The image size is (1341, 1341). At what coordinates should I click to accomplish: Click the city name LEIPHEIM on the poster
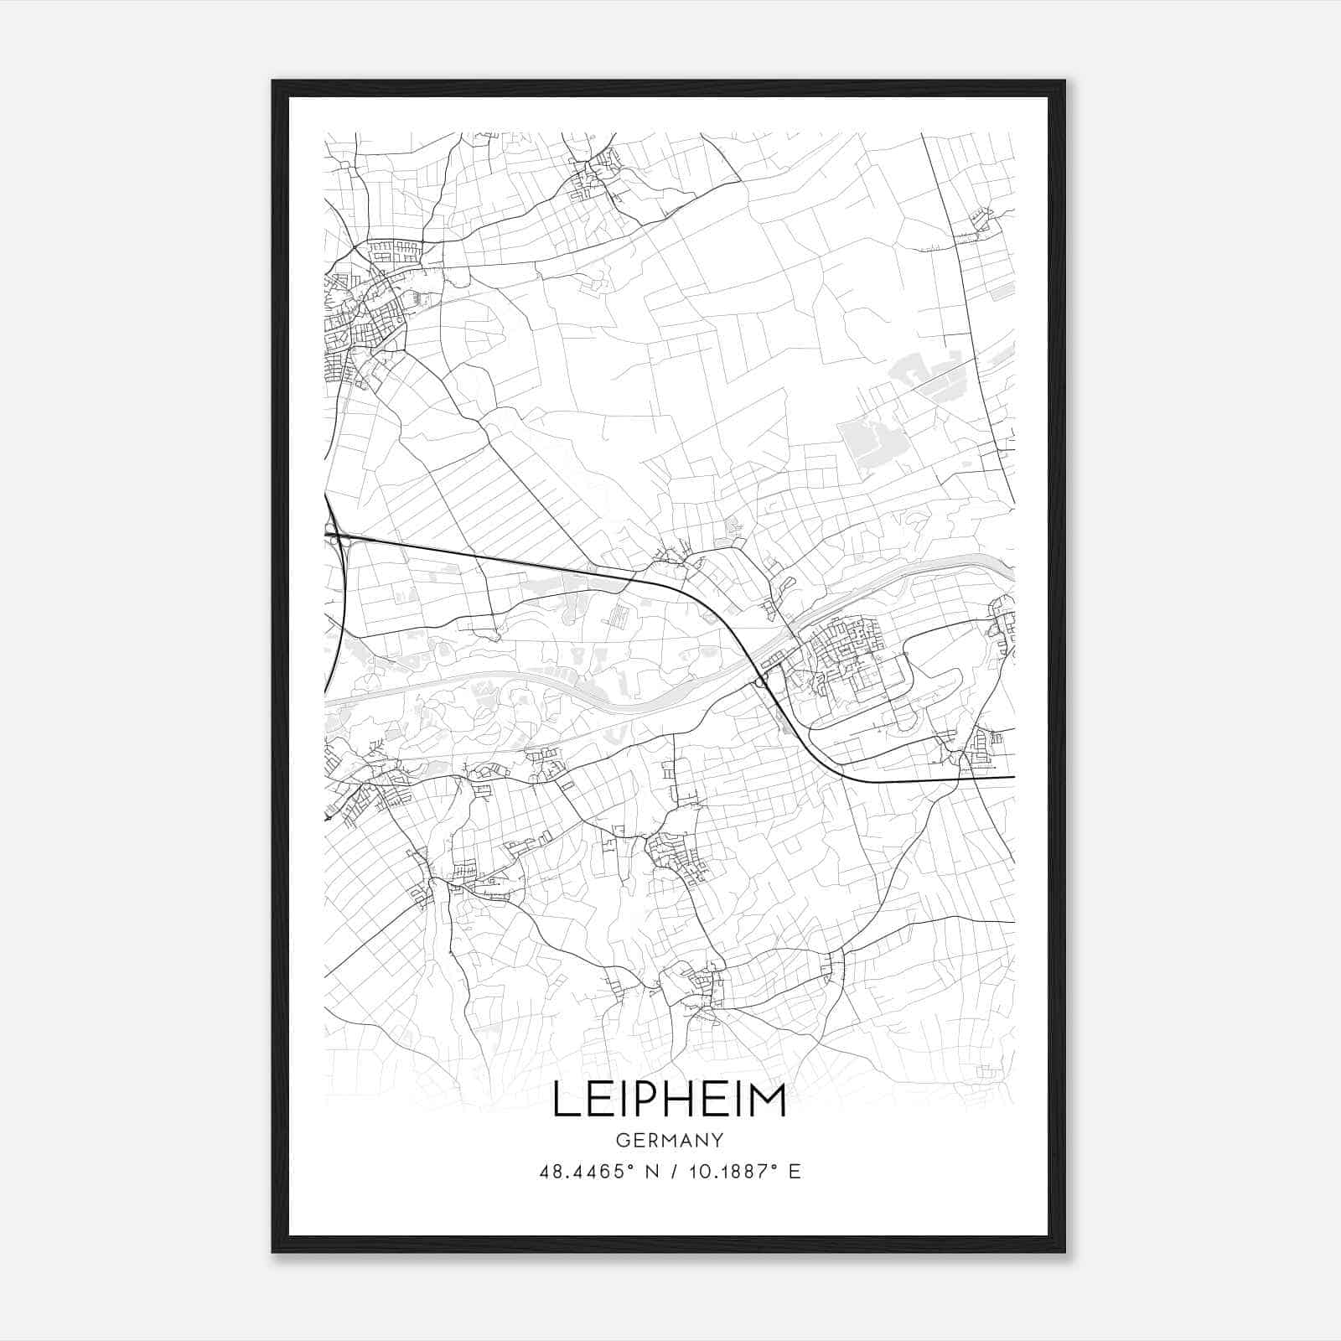tap(669, 1100)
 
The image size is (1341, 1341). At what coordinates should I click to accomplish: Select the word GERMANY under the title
tap(669, 1140)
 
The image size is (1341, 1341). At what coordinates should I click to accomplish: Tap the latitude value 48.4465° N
tap(597, 1172)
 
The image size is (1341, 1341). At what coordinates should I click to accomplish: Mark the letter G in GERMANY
tap(621, 1140)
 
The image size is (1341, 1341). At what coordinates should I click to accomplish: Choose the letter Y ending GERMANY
tap(717, 1140)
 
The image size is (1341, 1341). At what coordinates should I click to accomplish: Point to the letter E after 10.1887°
tap(795, 1172)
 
